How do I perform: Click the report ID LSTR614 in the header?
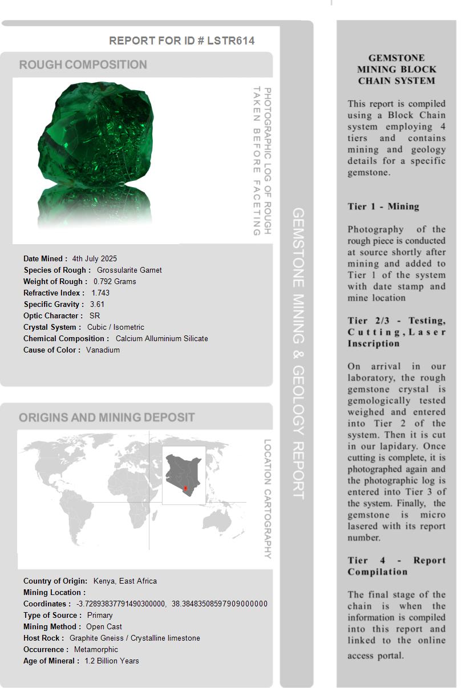point(230,41)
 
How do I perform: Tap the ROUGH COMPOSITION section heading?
point(83,64)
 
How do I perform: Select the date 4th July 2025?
point(94,258)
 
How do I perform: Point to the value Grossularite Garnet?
point(129,270)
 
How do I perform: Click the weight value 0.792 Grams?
point(115,281)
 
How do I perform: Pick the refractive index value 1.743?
point(100,293)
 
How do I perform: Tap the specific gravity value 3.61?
point(97,304)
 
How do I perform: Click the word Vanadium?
point(103,350)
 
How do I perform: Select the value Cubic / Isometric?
point(115,327)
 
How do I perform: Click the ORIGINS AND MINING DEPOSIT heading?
point(107,417)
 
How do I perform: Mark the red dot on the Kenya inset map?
point(185,489)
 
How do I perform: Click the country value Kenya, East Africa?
point(125,581)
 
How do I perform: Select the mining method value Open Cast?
point(104,626)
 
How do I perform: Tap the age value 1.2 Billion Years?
point(112,661)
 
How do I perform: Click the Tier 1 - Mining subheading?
point(383,207)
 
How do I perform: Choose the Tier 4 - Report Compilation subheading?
point(396,566)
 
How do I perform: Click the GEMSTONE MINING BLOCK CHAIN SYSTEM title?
point(396,69)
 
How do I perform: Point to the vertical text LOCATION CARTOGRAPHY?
point(267,498)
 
